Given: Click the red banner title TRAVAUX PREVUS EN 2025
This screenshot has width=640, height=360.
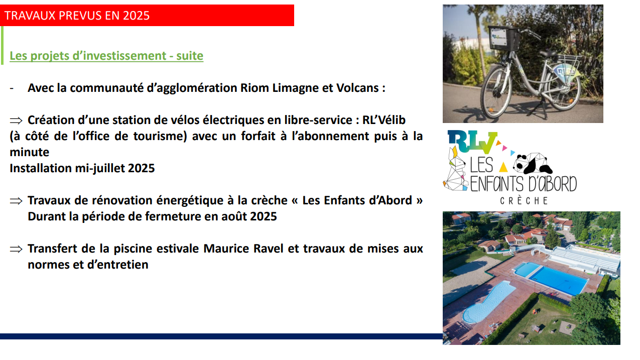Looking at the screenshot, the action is (77, 16).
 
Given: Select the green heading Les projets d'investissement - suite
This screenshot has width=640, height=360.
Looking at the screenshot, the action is (106, 56).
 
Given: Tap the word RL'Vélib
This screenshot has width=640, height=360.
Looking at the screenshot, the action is (384, 120).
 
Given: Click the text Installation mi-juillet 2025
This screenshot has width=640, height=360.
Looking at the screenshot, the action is (82, 168).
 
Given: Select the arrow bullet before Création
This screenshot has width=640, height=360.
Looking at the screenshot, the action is (16, 121).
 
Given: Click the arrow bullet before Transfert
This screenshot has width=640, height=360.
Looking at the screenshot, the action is (16, 249).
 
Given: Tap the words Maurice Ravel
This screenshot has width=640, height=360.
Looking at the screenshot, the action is (243, 249).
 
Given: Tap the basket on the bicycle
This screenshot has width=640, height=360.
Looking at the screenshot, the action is (504, 38).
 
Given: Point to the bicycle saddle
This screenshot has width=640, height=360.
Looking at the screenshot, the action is (548, 53).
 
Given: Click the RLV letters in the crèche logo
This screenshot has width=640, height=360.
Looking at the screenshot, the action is (472, 142).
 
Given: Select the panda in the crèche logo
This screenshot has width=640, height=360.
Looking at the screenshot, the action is (533, 163).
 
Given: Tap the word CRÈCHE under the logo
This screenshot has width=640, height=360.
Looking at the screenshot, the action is (524, 200).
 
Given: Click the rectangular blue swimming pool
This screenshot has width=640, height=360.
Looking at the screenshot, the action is (552, 278).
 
